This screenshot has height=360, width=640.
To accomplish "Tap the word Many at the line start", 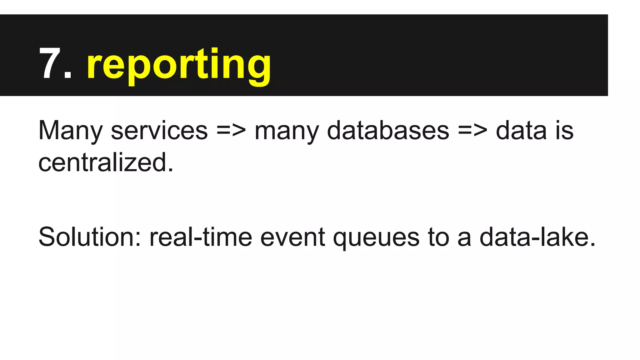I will tap(70, 131).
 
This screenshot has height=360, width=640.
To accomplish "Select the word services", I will tap(159, 131).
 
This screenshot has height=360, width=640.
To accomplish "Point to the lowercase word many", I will tap(287, 131).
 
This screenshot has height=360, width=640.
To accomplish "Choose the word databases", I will tap(388, 131).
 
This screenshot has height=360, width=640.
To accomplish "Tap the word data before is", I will tap(521, 131).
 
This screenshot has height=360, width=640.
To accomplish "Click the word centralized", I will tap(106, 163).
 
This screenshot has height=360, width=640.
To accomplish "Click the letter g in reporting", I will tap(259, 67).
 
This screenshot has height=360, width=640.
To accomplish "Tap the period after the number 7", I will tap(67, 75).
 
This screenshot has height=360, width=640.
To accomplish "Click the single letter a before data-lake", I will tap(464, 238).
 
